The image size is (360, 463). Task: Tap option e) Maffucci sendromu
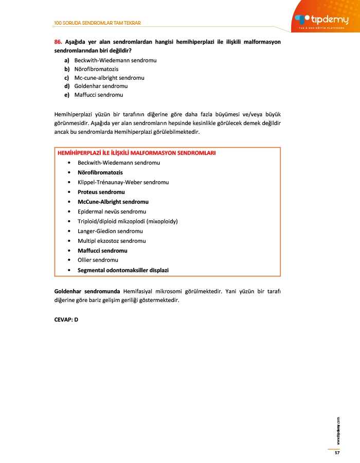pyautogui.click(x=98, y=95)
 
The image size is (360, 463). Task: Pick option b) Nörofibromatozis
pyautogui.click(x=96, y=69)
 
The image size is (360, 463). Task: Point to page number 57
pyautogui.click(x=337, y=452)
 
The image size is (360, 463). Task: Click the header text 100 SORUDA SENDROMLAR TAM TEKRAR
pyautogui.click(x=97, y=23)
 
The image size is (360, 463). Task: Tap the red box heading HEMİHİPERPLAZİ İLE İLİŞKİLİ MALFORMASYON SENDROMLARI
pyautogui.click(x=136, y=153)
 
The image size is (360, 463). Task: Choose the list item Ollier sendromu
pyautogui.click(x=98, y=260)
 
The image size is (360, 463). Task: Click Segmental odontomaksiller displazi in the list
pyautogui.click(x=123, y=270)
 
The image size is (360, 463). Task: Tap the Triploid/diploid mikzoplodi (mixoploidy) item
pyautogui.click(x=127, y=221)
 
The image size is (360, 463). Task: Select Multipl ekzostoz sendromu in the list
pyautogui.click(x=112, y=241)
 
